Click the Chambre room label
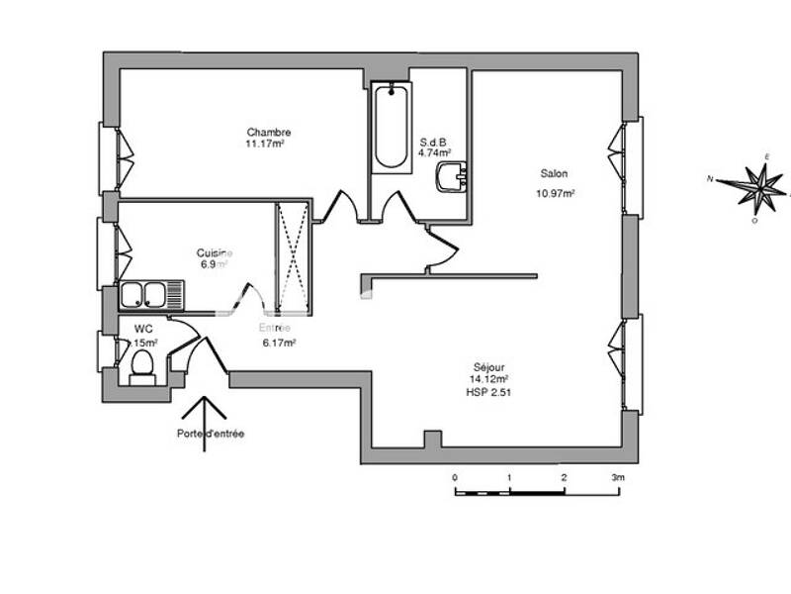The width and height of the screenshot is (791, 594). click(x=269, y=133)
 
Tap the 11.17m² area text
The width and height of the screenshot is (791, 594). click(x=266, y=145)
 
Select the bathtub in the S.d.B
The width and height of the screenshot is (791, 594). click(x=389, y=130)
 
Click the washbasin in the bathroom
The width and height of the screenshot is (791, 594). click(x=450, y=179)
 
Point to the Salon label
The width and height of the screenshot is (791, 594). click(x=554, y=173)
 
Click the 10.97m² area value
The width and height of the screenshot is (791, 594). click(x=556, y=193)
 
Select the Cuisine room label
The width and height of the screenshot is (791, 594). click(x=215, y=252)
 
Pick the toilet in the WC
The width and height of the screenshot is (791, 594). click(x=142, y=364)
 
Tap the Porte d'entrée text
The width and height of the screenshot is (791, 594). click(x=212, y=434)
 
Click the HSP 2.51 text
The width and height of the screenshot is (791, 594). click(x=489, y=392)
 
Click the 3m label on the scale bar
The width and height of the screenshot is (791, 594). click(x=618, y=477)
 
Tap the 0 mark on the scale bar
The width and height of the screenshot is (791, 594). click(x=455, y=477)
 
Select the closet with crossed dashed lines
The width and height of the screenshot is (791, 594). click(x=293, y=257)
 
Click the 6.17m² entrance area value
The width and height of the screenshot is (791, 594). click(x=280, y=343)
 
